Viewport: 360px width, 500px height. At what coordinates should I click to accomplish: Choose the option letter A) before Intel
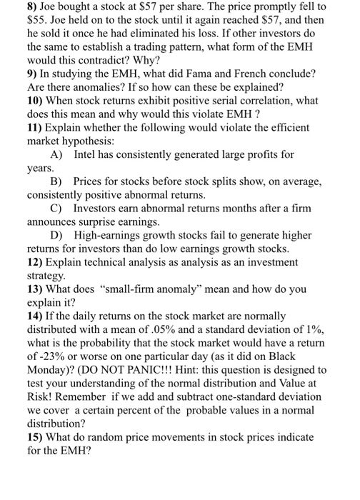(x=58, y=154)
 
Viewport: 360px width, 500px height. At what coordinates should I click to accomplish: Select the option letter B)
(x=57, y=181)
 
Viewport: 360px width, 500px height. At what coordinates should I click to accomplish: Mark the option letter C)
(x=57, y=209)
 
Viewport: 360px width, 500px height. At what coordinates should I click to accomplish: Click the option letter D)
(x=58, y=236)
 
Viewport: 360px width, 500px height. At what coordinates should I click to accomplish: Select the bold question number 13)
(x=36, y=290)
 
